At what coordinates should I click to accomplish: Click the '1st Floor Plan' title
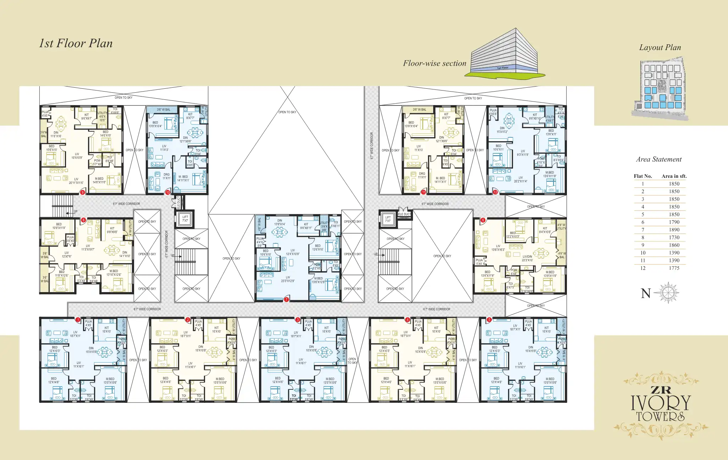click(76, 43)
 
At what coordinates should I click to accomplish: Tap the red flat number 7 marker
click(286, 300)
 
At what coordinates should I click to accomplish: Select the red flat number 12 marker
click(495, 192)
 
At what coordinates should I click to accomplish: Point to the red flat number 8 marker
click(84, 220)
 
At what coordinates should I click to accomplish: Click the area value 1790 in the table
click(674, 222)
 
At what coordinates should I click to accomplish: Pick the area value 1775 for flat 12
click(674, 268)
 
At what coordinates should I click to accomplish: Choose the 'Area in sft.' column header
click(674, 176)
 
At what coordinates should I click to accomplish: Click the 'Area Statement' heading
click(659, 159)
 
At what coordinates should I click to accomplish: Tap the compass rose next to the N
click(667, 293)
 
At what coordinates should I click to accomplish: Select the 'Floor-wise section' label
click(435, 64)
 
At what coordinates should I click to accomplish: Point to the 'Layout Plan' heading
click(660, 48)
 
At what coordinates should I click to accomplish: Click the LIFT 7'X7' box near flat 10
click(185, 219)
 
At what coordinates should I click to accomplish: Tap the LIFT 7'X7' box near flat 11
click(388, 219)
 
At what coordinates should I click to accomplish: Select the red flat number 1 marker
click(78, 320)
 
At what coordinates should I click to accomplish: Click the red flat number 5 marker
click(489, 320)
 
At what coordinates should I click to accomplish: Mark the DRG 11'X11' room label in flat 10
click(166, 176)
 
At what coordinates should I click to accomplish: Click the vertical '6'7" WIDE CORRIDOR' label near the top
click(372, 146)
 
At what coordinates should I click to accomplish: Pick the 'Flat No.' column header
click(643, 176)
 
